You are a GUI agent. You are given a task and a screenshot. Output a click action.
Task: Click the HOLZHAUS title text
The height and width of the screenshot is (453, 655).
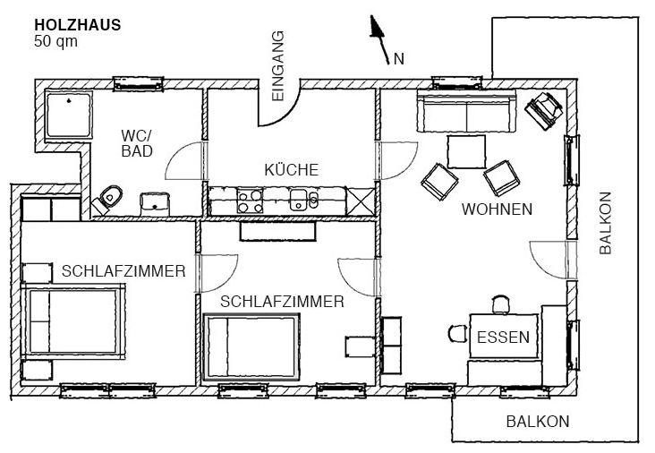click(x=76, y=25)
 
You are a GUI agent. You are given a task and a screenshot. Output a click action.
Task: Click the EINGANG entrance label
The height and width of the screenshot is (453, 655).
click(x=277, y=65)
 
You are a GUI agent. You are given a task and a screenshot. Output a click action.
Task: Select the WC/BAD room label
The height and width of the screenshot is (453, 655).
click(x=137, y=143)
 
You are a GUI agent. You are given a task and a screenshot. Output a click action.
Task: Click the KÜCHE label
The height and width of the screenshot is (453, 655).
click(x=291, y=169)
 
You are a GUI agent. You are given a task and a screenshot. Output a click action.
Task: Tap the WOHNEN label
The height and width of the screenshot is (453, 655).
click(x=497, y=209)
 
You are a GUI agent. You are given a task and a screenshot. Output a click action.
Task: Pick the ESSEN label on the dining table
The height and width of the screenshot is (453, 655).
click(x=503, y=338)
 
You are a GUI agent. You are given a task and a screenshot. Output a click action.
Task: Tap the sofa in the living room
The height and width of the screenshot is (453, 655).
click(x=464, y=114)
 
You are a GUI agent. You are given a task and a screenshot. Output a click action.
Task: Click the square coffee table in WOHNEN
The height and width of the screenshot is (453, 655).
click(x=467, y=151)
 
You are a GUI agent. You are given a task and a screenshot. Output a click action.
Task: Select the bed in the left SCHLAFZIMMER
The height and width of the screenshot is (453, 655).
click(x=72, y=321)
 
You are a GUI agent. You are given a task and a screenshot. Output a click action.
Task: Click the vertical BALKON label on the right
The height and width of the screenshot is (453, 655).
click(x=606, y=224)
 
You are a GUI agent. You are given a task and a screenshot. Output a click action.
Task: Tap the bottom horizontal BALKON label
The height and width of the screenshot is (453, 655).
click(x=537, y=422)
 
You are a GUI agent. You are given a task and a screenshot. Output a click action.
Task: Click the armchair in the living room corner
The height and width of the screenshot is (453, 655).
click(x=542, y=111)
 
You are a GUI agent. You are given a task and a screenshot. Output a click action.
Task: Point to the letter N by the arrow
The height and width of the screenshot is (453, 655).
click(x=398, y=59)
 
